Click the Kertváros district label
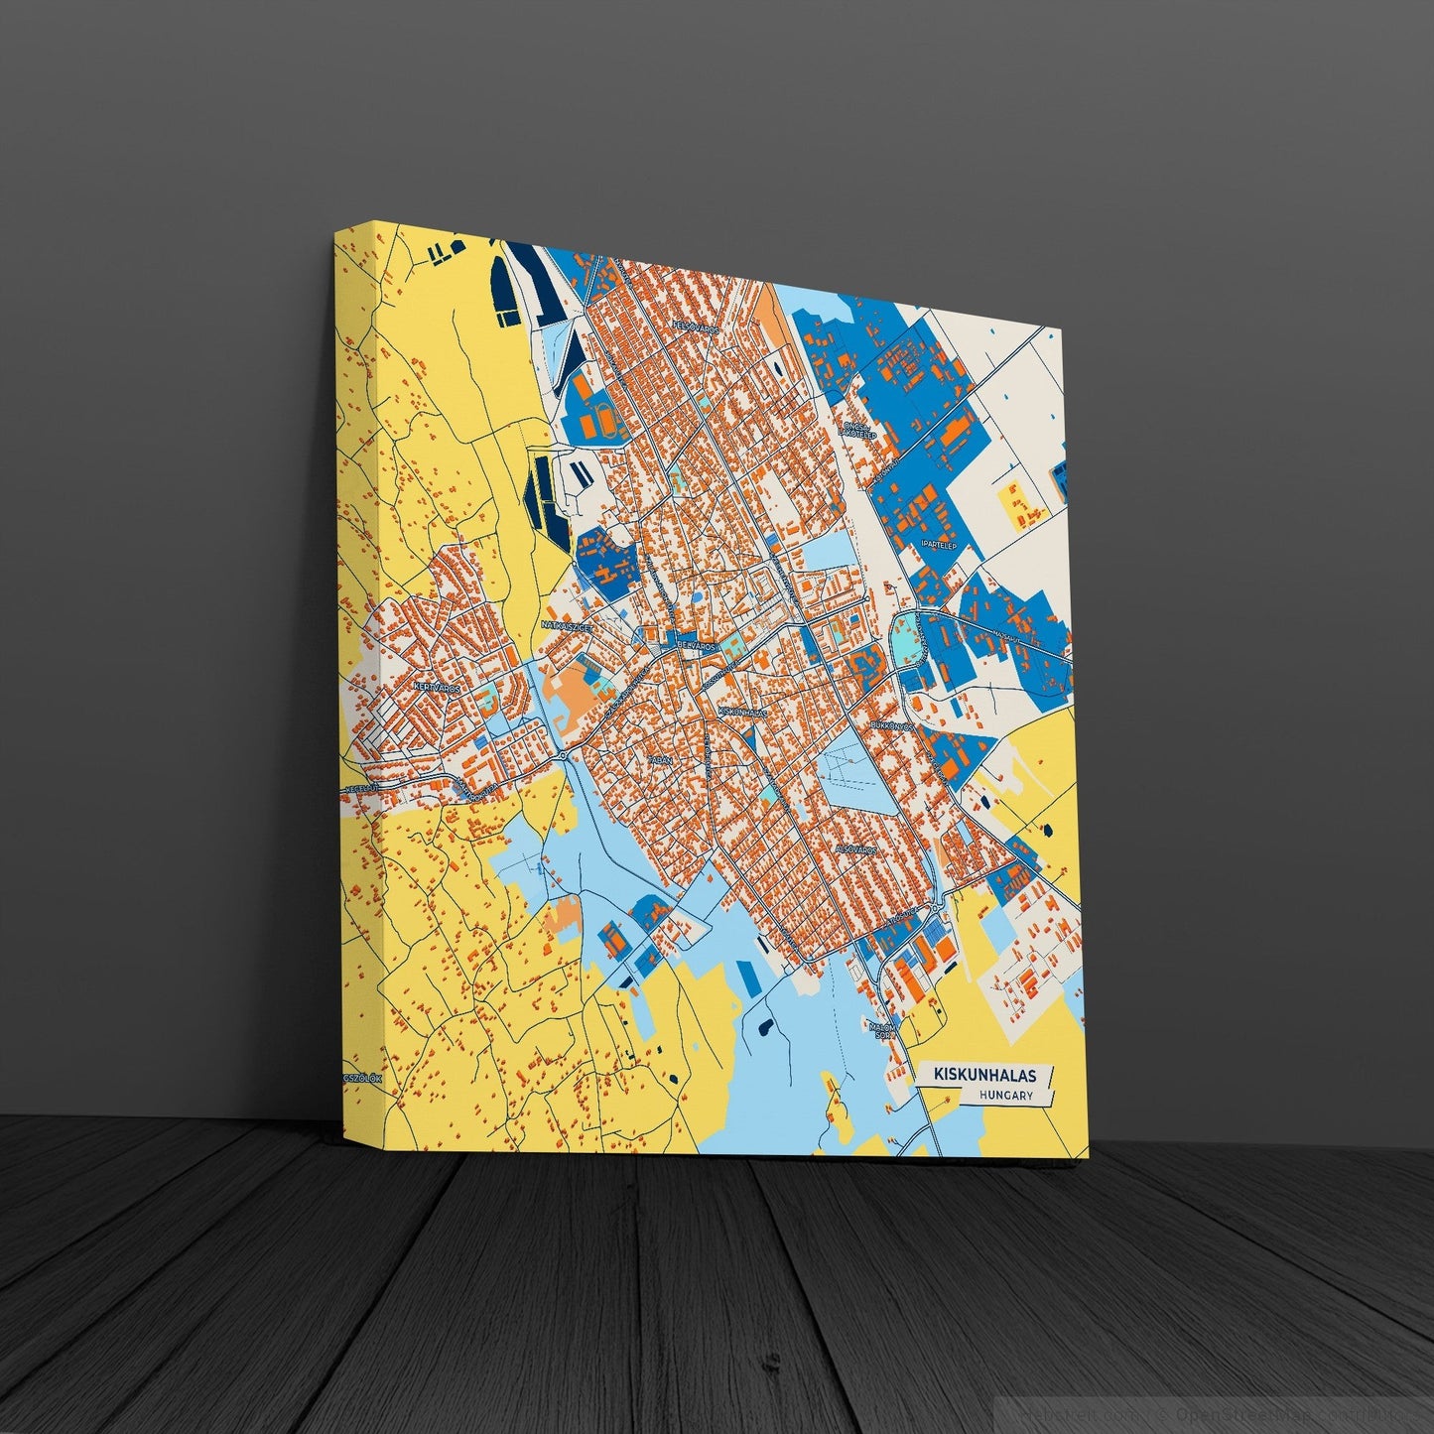(x=437, y=687)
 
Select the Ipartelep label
(x=938, y=545)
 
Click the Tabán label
(x=660, y=759)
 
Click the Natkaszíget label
(x=567, y=626)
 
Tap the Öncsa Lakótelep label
(x=855, y=430)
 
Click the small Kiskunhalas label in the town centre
(x=742, y=712)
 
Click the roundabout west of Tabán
(x=563, y=756)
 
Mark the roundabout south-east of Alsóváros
(x=935, y=908)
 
